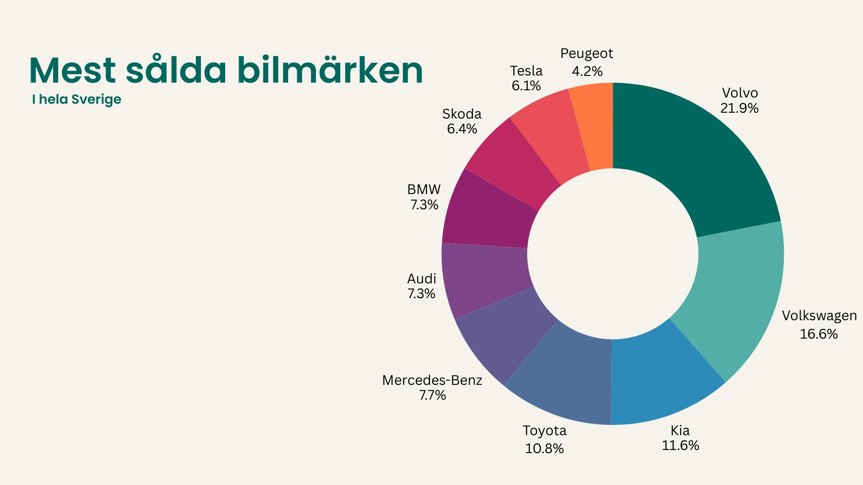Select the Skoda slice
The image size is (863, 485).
512,159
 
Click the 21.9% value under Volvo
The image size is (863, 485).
739,108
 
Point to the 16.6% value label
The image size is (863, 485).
819,334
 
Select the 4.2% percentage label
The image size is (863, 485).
587,71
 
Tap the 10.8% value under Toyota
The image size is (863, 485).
544,449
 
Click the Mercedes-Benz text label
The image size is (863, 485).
432,380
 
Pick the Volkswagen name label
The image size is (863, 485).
819,316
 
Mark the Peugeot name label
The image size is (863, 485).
587,53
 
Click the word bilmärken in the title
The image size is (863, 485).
330,71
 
